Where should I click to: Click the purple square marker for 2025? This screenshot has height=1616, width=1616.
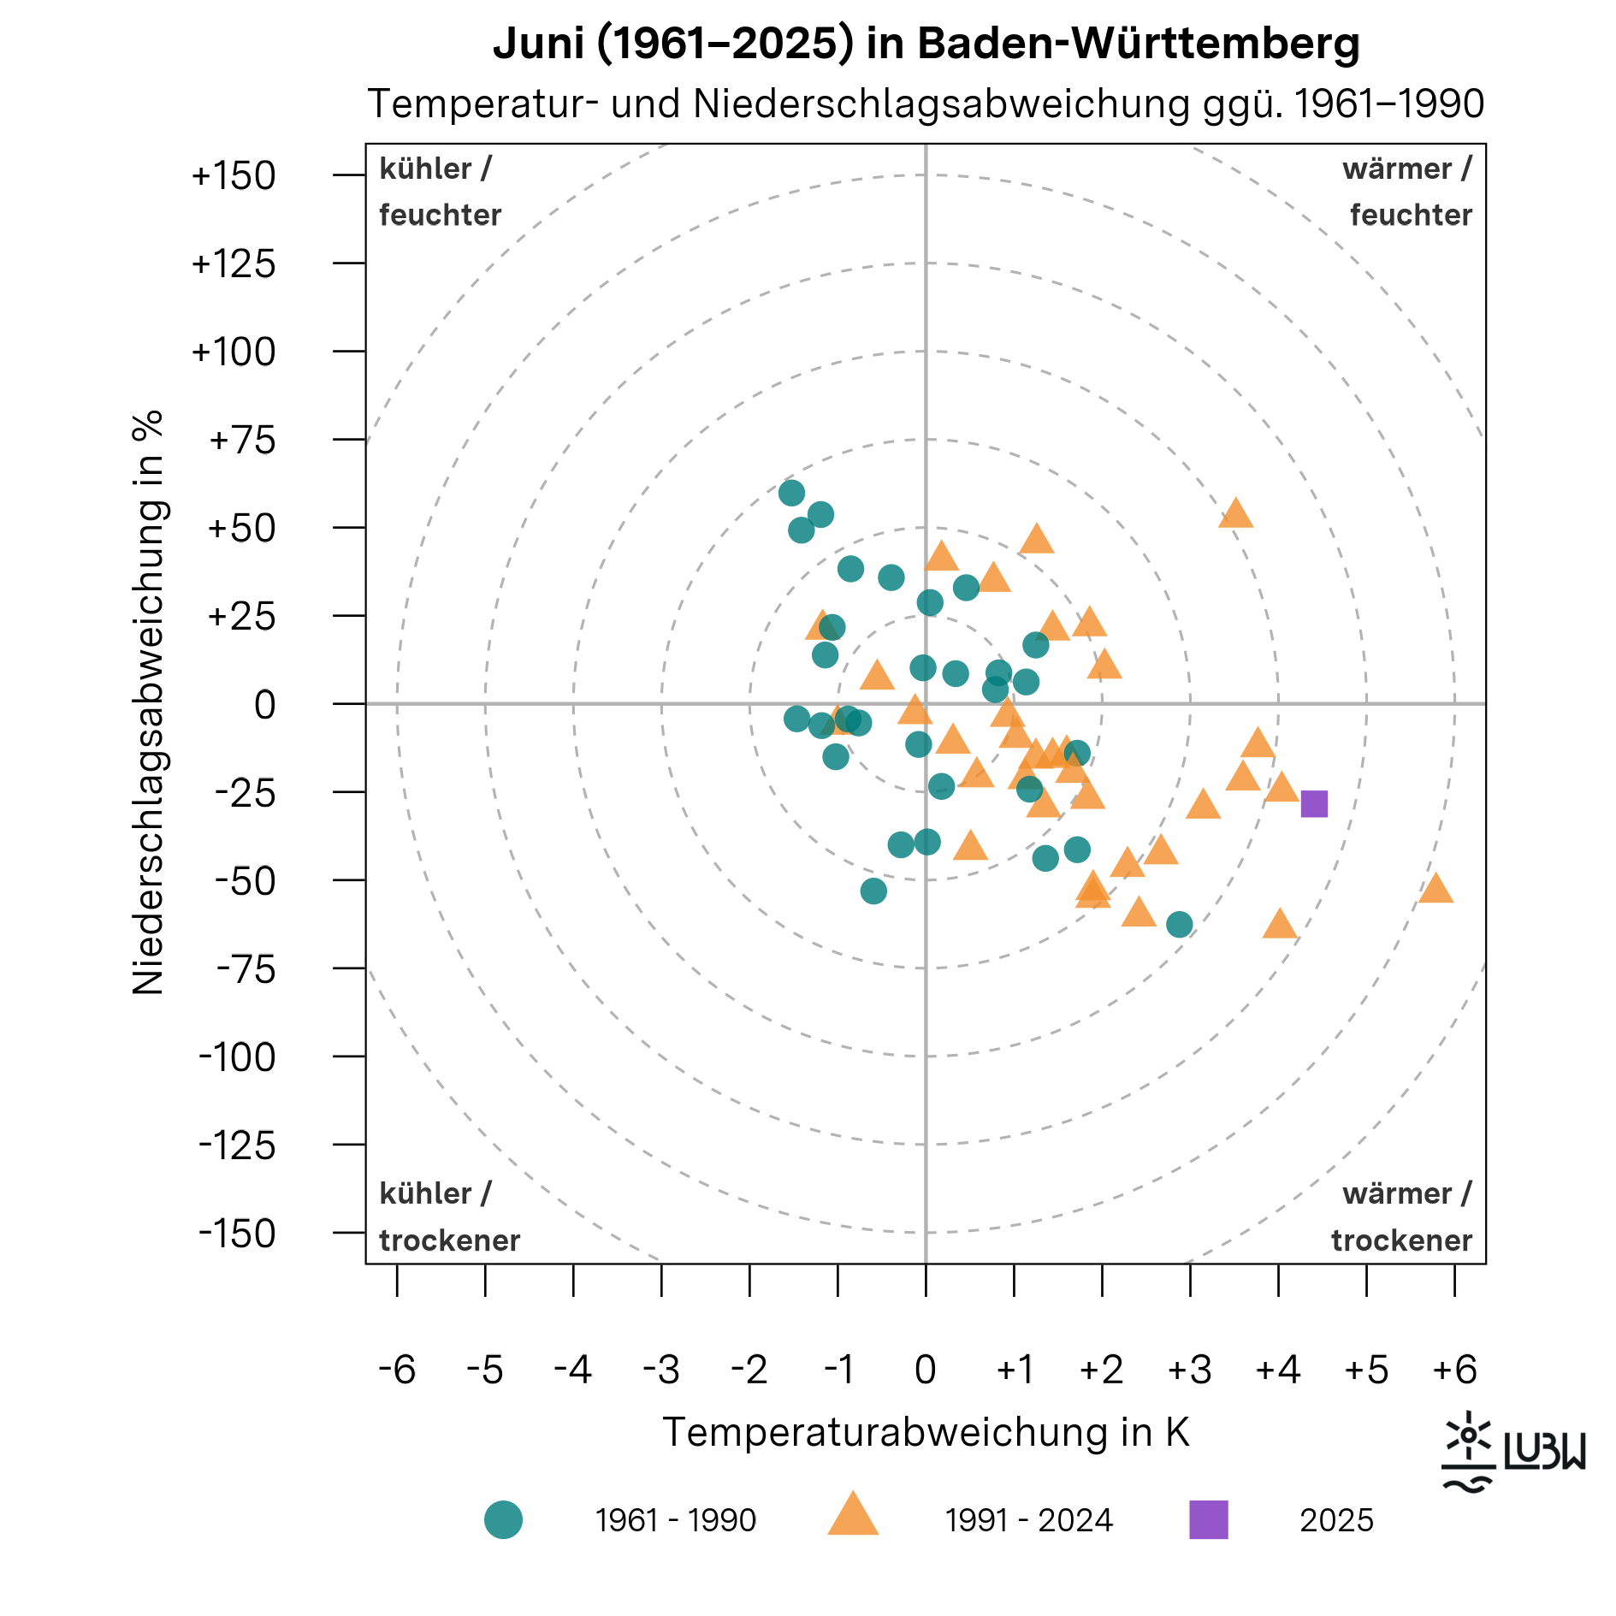tap(1313, 803)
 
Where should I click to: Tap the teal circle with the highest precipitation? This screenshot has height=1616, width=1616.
tap(791, 493)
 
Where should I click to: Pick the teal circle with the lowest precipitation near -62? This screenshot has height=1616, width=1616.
tap(1179, 924)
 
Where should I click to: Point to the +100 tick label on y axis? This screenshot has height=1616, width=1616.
tap(233, 352)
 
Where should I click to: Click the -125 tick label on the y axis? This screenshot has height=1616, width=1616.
tap(237, 1145)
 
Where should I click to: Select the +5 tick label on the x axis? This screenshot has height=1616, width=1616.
tap(1365, 1370)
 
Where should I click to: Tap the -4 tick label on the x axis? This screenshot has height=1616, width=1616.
tap(572, 1370)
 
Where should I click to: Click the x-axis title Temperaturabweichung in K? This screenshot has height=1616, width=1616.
tap(926, 1432)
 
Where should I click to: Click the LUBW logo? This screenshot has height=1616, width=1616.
tap(1512, 1451)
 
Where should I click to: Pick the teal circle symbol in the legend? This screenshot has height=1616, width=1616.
tap(503, 1519)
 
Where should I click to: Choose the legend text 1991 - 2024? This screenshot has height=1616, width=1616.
tap(1028, 1520)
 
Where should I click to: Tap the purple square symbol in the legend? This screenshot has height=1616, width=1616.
tap(1208, 1519)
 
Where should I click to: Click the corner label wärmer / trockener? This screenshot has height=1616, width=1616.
tap(1401, 1216)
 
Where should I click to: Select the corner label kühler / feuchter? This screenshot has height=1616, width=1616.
tap(440, 192)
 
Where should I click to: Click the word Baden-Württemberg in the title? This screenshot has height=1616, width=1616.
tap(1138, 43)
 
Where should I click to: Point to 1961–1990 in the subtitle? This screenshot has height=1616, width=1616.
tap(1388, 104)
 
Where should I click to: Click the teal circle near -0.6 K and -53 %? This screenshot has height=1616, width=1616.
tap(873, 891)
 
